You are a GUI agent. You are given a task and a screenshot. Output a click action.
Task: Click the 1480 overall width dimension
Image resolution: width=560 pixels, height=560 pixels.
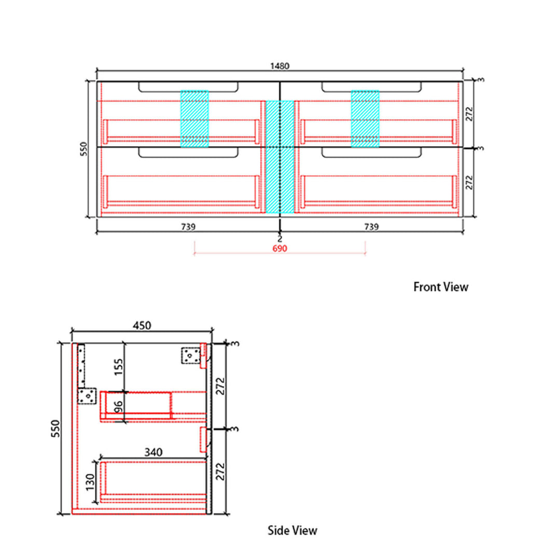tap(279, 66)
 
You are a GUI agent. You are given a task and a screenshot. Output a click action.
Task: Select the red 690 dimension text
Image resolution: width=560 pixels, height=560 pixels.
tap(279, 248)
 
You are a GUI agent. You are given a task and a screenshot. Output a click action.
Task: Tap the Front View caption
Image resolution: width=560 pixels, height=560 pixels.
tap(441, 287)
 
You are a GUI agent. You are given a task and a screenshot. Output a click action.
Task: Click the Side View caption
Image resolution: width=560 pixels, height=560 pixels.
tap(292, 530)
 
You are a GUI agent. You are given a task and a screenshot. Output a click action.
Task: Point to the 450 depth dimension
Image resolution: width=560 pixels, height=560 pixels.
tap(142, 325)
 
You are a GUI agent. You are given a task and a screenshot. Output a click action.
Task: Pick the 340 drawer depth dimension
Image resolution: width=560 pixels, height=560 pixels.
tap(153, 453)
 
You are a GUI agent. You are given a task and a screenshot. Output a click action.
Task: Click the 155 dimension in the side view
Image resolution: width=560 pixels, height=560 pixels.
tap(118, 367)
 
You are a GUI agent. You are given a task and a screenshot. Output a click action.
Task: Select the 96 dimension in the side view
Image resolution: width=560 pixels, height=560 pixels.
tap(119, 407)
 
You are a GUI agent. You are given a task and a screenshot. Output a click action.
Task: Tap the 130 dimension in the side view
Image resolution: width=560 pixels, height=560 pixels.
tap(90, 482)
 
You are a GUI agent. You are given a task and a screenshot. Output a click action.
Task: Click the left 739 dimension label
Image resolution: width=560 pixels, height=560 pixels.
tap(188, 227)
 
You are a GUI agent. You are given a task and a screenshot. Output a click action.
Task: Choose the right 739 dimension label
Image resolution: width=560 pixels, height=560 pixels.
tap(371, 227)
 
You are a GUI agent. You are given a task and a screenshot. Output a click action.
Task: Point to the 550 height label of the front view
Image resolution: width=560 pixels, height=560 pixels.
tap(83, 149)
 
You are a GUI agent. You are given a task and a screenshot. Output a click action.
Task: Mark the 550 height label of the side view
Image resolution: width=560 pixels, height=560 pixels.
tap(55, 429)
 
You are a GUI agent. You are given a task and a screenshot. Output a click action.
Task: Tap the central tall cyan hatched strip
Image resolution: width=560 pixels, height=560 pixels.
tap(280, 157)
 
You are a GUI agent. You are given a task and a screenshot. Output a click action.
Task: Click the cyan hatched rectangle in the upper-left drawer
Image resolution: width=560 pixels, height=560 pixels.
tap(194, 119)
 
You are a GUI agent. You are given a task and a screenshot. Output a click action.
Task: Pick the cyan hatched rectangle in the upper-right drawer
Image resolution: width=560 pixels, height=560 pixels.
tap(365, 119)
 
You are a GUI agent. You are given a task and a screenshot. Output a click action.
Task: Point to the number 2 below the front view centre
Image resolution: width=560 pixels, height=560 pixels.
tap(279, 239)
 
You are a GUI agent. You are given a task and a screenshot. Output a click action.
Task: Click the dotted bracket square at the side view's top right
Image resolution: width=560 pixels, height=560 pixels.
tap(191, 356)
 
